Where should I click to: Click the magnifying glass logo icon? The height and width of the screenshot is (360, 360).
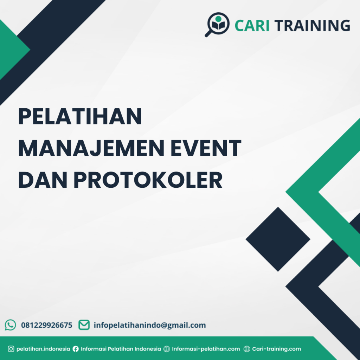[x=217, y=24]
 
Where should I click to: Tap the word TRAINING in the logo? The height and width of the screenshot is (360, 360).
[x=312, y=26]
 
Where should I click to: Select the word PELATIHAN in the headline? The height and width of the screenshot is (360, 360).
[x=80, y=117]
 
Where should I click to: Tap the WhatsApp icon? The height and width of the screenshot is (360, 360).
[x=11, y=325]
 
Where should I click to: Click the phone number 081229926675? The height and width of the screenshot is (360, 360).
[x=47, y=325]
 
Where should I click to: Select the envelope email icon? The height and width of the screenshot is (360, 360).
[x=84, y=325]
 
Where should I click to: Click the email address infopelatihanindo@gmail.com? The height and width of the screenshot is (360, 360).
[x=150, y=325]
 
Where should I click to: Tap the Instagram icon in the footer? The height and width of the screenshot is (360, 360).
[x=11, y=349]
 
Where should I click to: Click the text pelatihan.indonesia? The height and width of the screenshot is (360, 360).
[x=43, y=349]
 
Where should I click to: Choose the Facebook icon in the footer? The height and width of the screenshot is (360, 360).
[x=76, y=349]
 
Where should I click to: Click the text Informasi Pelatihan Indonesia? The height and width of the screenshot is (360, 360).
[x=121, y=349]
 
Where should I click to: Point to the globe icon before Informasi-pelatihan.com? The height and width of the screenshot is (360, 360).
[x=167, y=349]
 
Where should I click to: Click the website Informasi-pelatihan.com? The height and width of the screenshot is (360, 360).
[x=206, y=349]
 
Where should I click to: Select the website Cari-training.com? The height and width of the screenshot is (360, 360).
[x=277, y=349]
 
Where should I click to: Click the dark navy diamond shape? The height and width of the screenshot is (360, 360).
[x=278, y=239]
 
